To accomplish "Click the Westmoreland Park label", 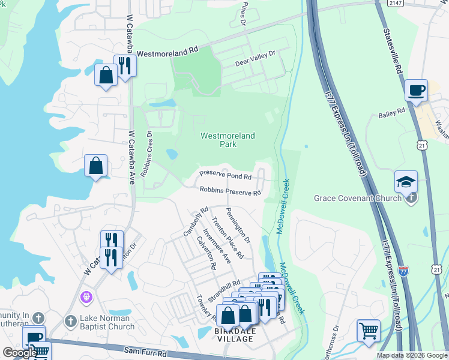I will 227,140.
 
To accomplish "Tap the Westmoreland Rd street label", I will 167,53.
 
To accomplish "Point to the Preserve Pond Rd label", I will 225,176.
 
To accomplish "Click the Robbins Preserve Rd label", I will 231,191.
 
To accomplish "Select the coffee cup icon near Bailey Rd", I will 416,91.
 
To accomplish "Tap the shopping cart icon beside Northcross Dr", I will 368,330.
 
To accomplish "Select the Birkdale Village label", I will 234,338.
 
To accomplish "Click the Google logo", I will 20,353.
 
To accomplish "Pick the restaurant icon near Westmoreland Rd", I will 124,65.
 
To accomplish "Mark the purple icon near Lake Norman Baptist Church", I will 86,296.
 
